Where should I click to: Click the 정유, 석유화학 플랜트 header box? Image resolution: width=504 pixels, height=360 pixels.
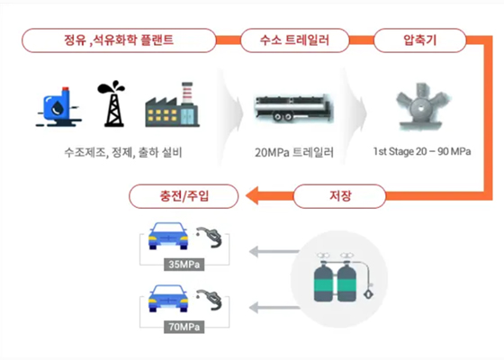(x=119, y=40)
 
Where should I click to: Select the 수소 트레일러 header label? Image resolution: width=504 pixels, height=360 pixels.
(x=294, y=40)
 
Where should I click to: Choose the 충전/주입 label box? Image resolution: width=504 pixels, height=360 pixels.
(x=184, y=193)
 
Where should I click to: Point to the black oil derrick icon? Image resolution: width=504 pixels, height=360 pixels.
(x=112, y=104)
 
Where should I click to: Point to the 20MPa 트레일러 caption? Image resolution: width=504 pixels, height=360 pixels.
(x=294, y=152)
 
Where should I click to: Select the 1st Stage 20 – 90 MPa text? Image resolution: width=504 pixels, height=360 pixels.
(x=421, y=152)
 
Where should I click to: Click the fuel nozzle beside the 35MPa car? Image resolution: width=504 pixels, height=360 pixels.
(x=215, y=241)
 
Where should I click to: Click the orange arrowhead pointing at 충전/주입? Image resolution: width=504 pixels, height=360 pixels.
(x=254, y=193)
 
